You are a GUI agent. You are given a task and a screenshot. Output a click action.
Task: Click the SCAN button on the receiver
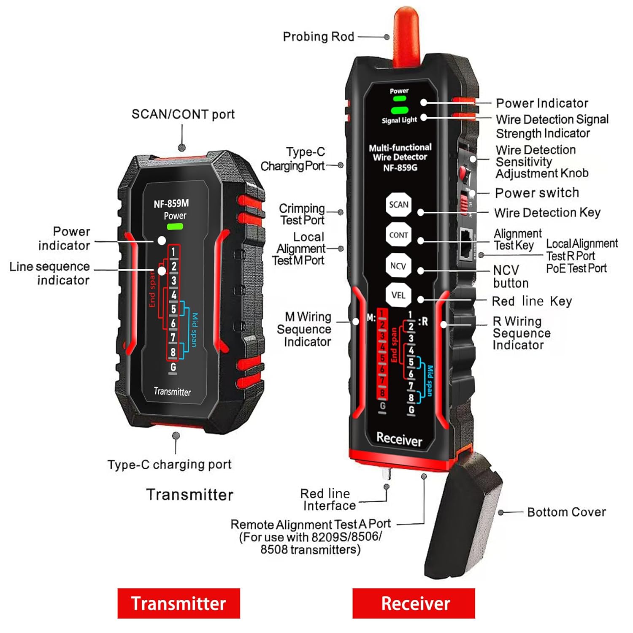[x=398, y=205]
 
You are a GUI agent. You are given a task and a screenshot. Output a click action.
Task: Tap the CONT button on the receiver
[x=398, y=235]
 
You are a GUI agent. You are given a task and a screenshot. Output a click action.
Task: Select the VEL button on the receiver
[x=398, y=295]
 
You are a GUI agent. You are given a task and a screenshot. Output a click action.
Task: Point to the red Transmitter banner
[x=179, y=603]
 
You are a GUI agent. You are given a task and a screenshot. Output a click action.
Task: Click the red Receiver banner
[x=414, y=603]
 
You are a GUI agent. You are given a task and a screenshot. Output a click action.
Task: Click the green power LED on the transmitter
[x=175, y=227]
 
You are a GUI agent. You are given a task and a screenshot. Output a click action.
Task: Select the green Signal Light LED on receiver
[x=399, y=111]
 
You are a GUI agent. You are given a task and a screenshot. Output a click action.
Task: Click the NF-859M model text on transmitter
[x=171, y=204]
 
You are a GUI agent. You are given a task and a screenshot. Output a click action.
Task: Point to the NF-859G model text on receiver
[x=400, y=168]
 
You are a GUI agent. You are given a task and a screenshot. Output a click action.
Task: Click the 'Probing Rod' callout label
[x=318, y=37]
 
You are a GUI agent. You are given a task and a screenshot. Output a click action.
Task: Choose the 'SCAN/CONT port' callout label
[x=183, y=114]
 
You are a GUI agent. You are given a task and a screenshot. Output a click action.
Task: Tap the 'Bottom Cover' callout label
[x=566, y=512]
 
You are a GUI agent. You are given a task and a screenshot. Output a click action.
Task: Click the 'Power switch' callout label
[x=537, y=193]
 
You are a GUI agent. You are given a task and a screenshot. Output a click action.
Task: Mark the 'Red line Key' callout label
[x=532, y=301]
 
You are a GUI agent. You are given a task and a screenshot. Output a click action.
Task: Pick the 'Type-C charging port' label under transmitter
[x=169, y=465]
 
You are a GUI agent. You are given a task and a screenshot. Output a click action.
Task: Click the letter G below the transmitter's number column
[x=173, y=367]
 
